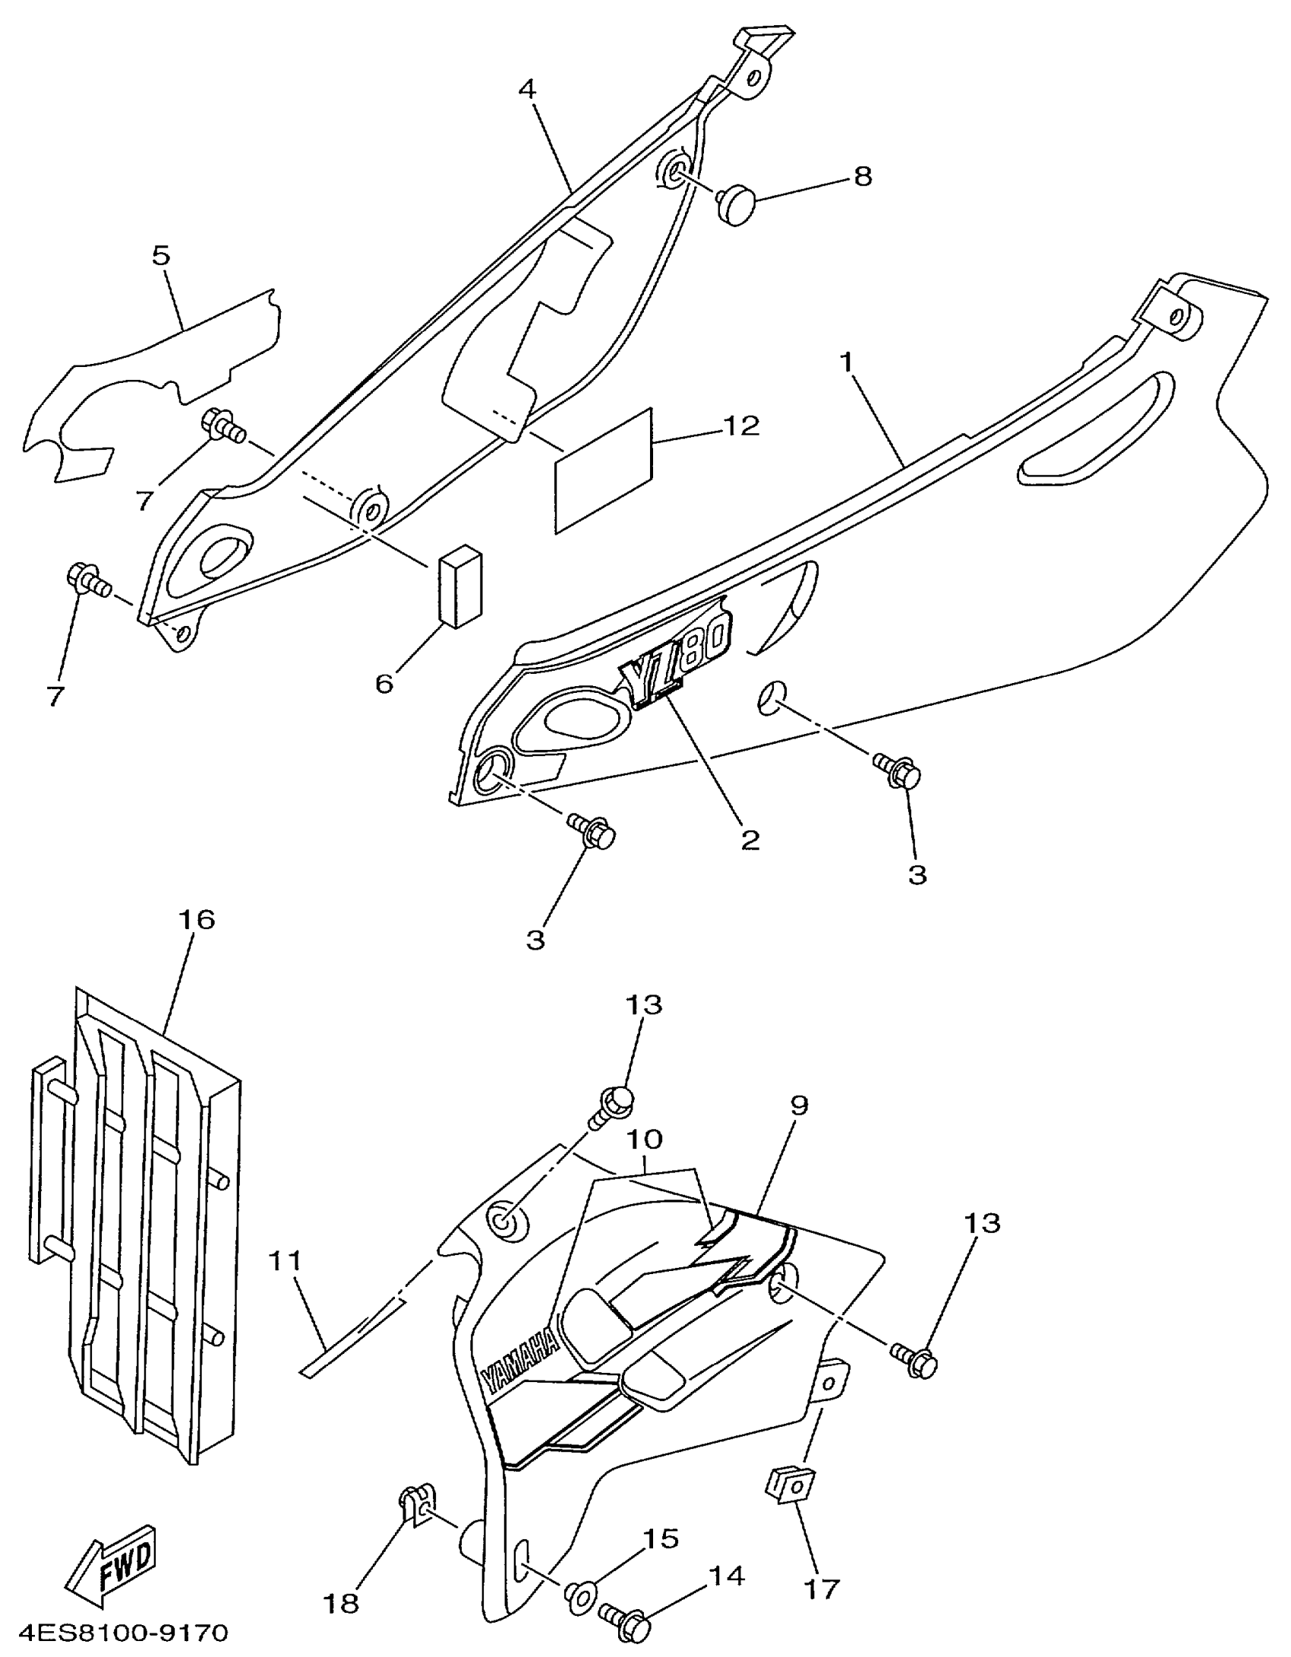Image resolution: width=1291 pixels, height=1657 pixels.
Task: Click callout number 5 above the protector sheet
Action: (x=161, y=255)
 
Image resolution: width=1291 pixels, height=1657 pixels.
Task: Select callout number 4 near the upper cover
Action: (x=527, y=89)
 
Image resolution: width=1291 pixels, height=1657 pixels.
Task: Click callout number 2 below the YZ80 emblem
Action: (x=750, y=840)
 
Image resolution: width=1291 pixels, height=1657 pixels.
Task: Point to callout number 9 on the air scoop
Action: (x=799, y=1105)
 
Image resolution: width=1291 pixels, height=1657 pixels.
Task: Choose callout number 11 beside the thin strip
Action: (x=286, y=1262)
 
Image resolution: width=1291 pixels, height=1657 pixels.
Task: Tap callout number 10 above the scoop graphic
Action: (x=644, y=1140)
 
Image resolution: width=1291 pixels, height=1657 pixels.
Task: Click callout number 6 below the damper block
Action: (x=384, y=683)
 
